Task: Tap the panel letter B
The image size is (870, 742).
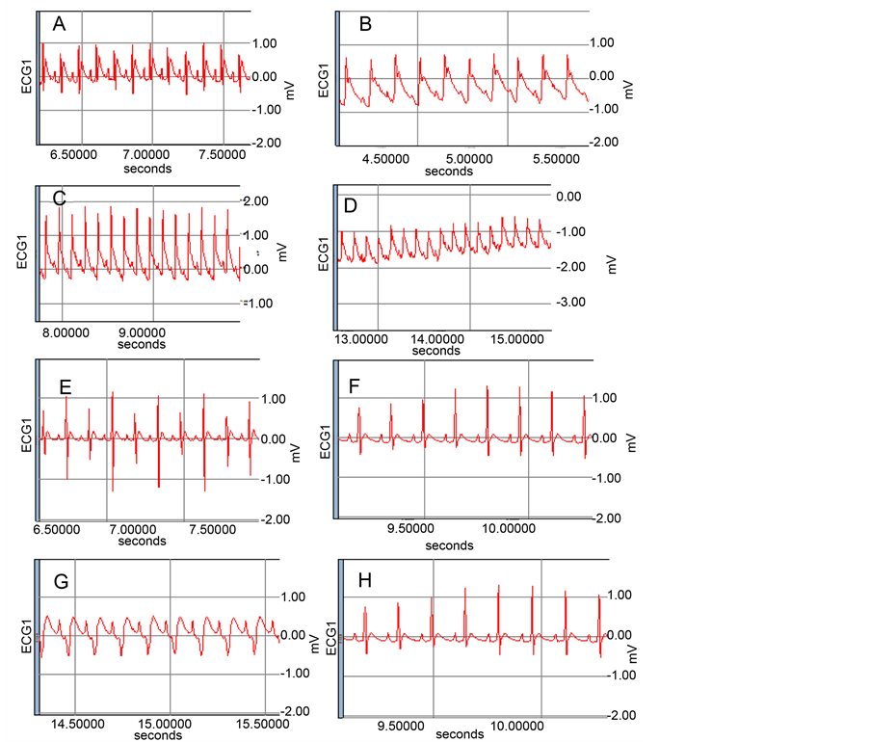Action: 365,25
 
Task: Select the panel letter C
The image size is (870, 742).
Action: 59,199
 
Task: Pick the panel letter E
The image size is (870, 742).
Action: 66,388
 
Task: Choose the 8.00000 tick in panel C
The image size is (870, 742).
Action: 60,330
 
